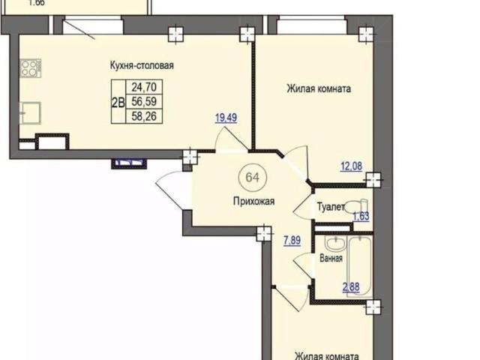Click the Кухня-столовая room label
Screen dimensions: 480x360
click(x=142, y=65)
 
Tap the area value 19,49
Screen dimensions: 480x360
click(x=226, y=118)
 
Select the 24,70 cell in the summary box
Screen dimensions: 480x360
click(x=144, y=87)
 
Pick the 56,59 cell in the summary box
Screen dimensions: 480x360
click(x=144, y=101)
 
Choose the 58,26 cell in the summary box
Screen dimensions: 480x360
click(x=144, y=116)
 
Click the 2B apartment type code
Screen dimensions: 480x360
click(x=118, y=103)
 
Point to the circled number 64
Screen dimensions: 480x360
click(x=253, y=177)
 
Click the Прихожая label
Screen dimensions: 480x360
click(x=253, y=202)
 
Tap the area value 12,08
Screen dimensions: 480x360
click(x=352, y=166)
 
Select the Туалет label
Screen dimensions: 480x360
click(x=331, y=207)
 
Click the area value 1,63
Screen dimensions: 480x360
click(x=361, y=216)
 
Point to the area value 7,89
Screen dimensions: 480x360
click(x=292, y=241)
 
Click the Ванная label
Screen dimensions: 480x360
click(x=331, y=258)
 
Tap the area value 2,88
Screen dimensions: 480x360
click(x=351, y=287)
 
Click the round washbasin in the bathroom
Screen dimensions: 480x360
click(x=335, y=243)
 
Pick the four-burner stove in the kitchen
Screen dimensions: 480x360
click(x=31, y=68)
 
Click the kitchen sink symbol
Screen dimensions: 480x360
click(x=30, y=113)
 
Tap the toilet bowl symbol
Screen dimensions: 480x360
click(x=356, y=205)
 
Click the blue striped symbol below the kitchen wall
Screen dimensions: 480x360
click(x=129, y=163)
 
